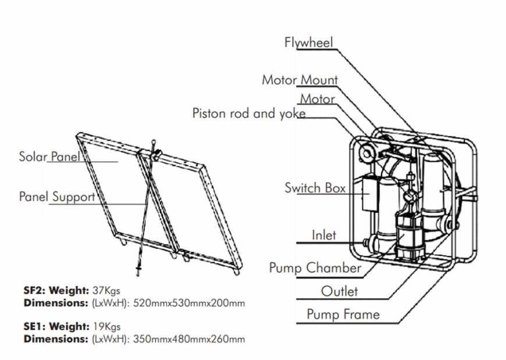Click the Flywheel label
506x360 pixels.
(309, 43)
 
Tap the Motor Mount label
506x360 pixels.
(300, 80)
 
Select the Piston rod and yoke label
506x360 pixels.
(249, 113)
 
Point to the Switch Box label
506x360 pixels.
(315, 188)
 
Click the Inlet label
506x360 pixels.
(324, 236)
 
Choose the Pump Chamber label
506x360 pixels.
(315, 268)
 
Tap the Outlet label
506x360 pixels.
(339, 291)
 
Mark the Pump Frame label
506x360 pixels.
(343, 315)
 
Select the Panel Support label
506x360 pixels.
(56, 197)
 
